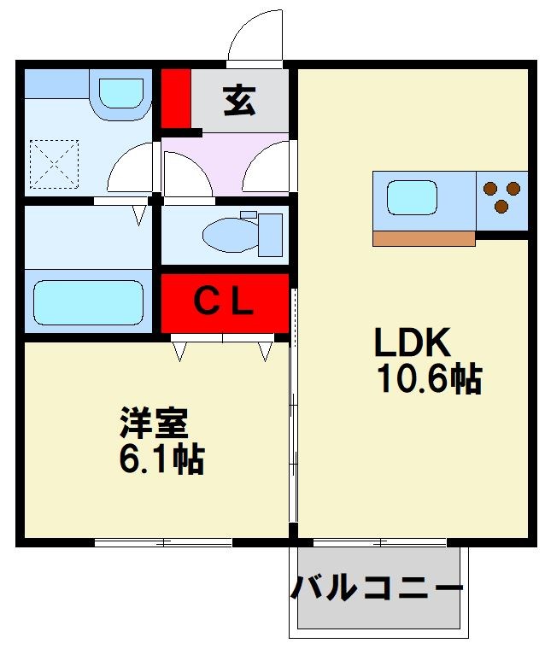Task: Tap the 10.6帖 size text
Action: (430, 378)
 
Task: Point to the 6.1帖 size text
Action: (161, 459)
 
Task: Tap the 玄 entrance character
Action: (239, 100)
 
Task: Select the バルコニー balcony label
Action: (377, 588)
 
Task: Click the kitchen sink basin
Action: (412, 197)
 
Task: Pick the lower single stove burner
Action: (501, 206)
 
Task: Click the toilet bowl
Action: (230, 235)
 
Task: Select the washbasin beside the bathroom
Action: (121, 94)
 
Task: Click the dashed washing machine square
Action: (55, 164)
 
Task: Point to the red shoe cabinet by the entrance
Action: (176, 98)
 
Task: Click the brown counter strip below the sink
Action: (424, 239)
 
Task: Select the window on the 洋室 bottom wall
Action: (163, 542)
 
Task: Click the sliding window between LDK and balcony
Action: (380, 542)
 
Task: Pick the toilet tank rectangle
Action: (271, 235)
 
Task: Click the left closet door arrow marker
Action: (179, 351)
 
